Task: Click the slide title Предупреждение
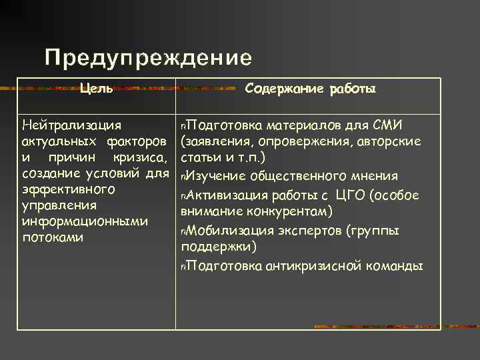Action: (x=148, y=58)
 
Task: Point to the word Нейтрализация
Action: (x=71, y=125)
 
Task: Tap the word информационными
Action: (x=85, y=221)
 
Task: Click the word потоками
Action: (x=53, y=237)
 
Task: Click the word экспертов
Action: (x=311, y=231)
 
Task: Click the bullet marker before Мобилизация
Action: (x=183, y=231)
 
